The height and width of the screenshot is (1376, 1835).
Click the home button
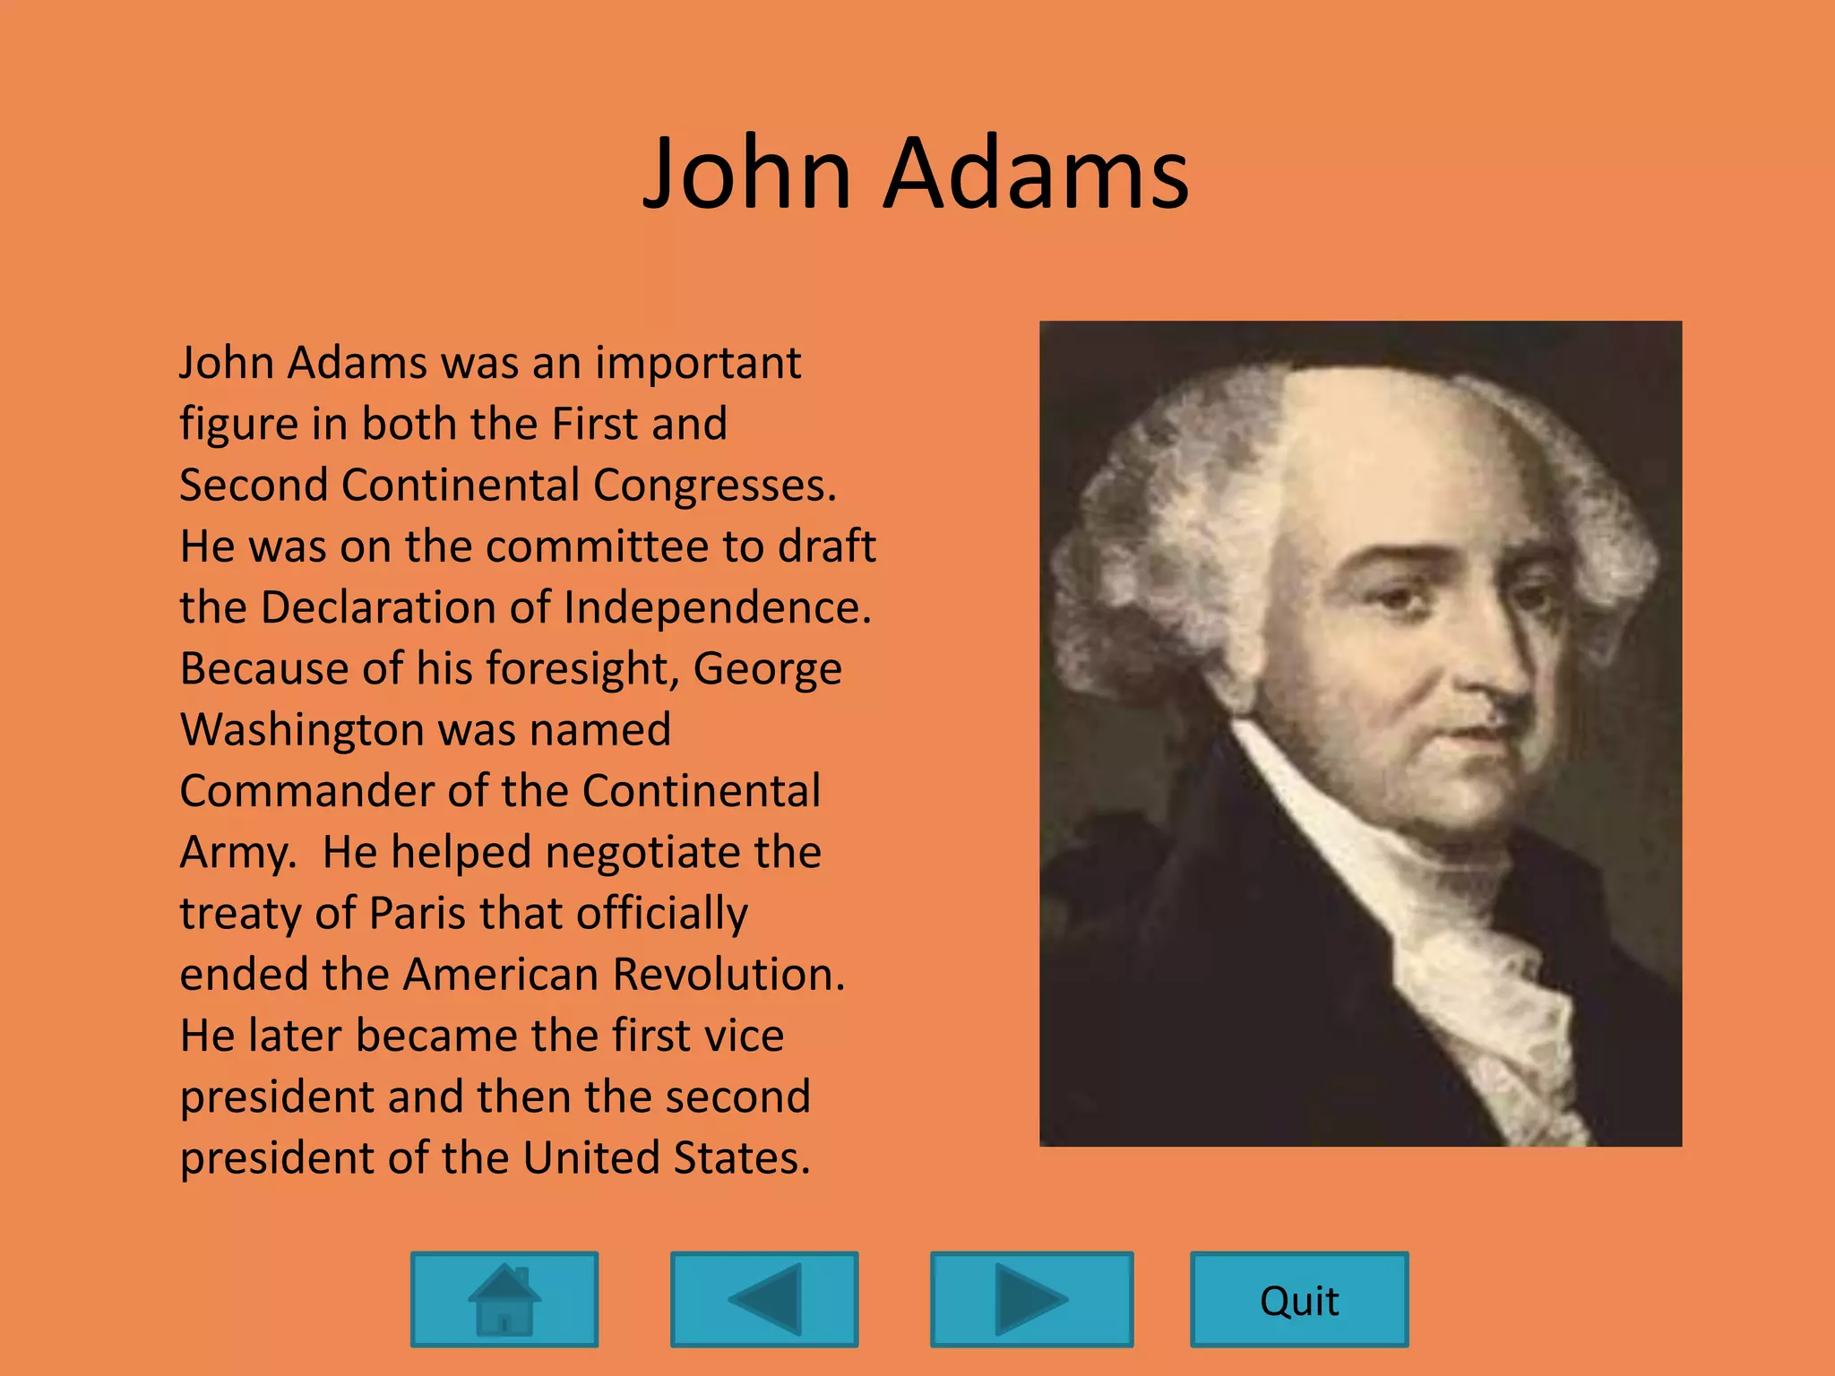pyautogui.click(x=504, y=1299)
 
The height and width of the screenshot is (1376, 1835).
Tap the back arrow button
pyautogui.click(x=764, y=1299)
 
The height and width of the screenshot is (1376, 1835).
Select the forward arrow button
pyautogui.click(x=1032, y=1299)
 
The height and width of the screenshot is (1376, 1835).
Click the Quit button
pyautogui.click(x=1299, y=1300)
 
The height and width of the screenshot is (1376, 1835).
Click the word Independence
pyautogui.click(x=717, y=607)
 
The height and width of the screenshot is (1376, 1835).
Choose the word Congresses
pyautogui.click(x=713, y=486)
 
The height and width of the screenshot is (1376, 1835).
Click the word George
pyautogui.click(x=767, y=670)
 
